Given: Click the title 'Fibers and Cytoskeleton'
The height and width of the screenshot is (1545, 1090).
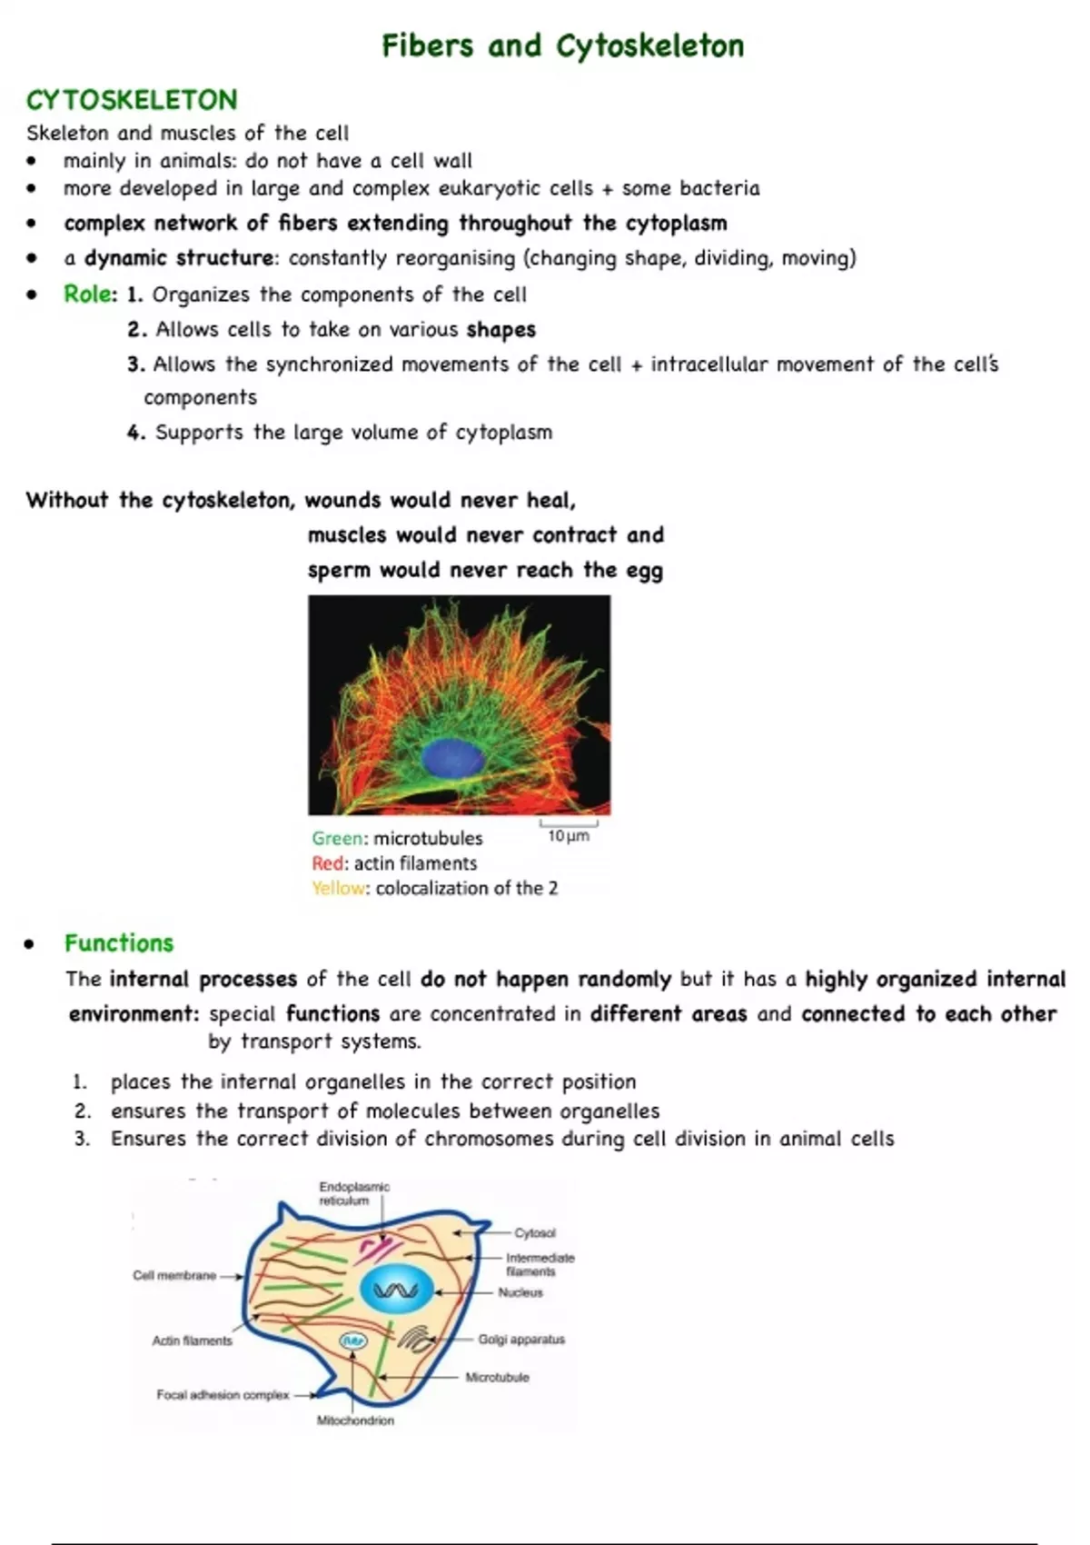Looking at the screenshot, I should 562,45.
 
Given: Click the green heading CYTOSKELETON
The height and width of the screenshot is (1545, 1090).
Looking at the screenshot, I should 132,99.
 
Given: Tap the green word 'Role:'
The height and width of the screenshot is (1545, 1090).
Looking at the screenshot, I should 90,294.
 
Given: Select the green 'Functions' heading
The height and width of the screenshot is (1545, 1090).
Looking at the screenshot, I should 119,942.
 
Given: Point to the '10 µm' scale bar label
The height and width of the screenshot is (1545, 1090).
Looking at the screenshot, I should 569,835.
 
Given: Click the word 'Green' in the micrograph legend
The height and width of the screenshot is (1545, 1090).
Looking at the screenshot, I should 336,838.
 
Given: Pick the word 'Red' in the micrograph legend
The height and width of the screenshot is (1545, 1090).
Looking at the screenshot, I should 328,863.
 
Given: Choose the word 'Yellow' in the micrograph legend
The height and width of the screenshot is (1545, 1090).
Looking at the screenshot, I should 339,888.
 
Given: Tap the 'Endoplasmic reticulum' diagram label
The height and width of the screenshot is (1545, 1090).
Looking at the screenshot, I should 354,1193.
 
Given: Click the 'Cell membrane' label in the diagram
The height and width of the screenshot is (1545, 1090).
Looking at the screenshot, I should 174,1275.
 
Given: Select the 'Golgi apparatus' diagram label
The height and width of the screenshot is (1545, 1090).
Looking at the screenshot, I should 521,1339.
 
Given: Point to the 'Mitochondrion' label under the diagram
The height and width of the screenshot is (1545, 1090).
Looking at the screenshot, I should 355,1420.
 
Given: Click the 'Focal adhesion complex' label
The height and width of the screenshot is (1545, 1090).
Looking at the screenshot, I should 223,1394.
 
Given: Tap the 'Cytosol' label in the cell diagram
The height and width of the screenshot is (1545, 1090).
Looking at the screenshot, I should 535,1232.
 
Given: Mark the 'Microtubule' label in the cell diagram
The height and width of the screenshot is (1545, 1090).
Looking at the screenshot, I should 497,1377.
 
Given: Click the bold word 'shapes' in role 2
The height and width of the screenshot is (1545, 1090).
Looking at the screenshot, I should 500,329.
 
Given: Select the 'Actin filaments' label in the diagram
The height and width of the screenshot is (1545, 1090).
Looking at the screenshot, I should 193,1340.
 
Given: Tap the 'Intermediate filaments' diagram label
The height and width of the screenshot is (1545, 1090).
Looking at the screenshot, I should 540,1264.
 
